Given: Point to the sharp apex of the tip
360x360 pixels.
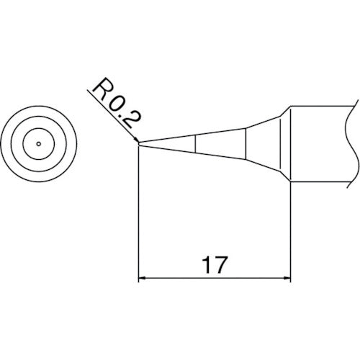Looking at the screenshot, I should (138, 143).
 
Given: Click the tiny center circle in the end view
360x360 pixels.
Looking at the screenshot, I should (37, 144).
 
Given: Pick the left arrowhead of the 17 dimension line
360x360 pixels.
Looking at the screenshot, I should (142, 277).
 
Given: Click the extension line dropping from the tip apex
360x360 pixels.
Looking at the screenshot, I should (138, 216).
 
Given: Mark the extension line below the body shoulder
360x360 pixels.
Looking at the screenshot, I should (290, 230).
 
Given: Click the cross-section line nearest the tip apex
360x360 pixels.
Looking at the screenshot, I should (196, 143).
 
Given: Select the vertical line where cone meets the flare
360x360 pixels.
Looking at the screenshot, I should (247, 143).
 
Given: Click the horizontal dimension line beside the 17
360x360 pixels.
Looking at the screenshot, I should (173, 277).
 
